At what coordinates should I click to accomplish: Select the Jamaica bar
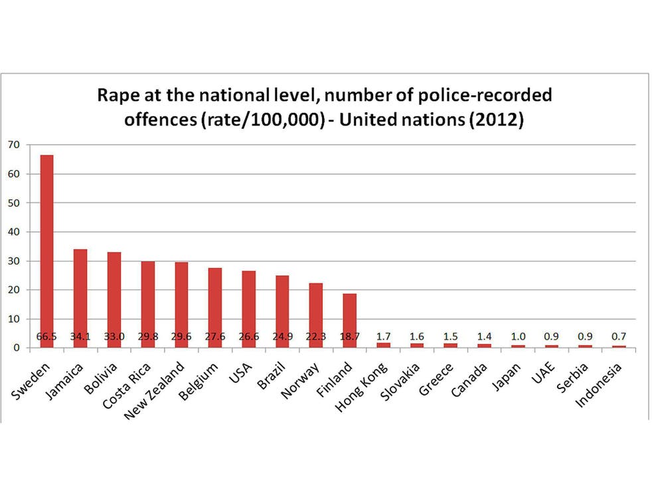coord(80,292)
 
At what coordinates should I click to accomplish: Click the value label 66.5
coord(46,337)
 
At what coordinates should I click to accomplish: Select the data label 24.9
coord(282,337)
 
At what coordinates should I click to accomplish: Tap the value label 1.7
coord(383,337)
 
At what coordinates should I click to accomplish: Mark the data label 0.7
coord(619,337)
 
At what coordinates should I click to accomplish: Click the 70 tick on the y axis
coord(13,144)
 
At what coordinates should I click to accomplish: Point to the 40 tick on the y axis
coord(13,232)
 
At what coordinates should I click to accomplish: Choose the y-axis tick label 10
coord(13,319)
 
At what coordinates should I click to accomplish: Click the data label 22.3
coord(316,337)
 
